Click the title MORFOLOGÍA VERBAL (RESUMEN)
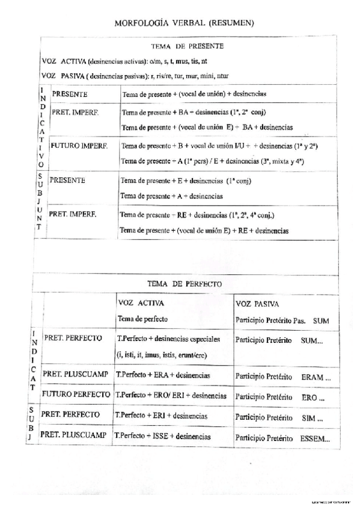point(185,23)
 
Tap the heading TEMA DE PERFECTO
point(185,283)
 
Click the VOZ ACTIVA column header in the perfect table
point(141,304)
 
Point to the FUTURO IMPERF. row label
point(79,146)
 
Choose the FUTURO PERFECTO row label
point(75,395)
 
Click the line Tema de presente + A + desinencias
point(171,195)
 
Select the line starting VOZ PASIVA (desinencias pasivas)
point(135,76)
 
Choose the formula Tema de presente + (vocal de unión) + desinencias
point(194,94)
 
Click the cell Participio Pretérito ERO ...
point(279,397)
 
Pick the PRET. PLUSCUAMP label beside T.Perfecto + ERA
point(75,374)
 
